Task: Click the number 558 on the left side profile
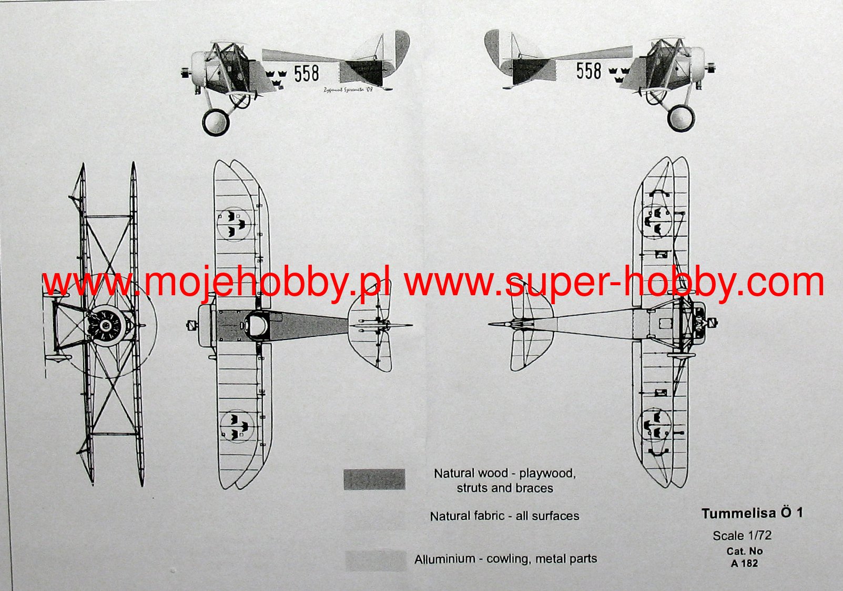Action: (307, 73)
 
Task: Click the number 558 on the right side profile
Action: (588, 71)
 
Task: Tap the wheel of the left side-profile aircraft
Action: (216, 122)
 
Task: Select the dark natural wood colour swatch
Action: (374, 479)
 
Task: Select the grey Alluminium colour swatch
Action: (375, 560)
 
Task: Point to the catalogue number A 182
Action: (744, 563)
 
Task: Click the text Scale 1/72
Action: (742, 536)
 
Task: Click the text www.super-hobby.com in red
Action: (614, 283)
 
